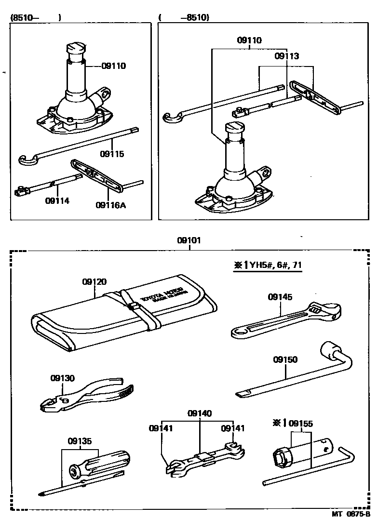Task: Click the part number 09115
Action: [x=112, y=154]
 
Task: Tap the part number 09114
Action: [x=57, y=200]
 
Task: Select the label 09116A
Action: [x=110, y=205]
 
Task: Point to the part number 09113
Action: [x=287, y=56]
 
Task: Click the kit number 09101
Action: [x=189, y=240]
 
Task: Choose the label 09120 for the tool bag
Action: [x=94, y=281]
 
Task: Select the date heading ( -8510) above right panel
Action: [x=184, y=17]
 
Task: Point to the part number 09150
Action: [x=285, y=359]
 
